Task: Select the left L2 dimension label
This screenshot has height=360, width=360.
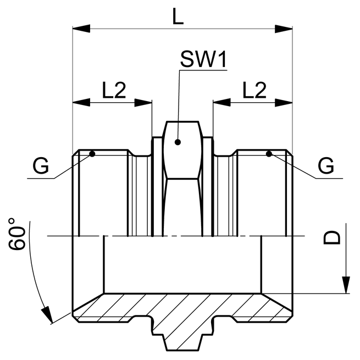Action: [114, 90]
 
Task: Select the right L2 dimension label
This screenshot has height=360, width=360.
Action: [253, 90]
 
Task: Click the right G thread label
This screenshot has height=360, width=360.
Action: [326, 165]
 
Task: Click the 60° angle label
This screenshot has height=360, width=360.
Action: [18, 235]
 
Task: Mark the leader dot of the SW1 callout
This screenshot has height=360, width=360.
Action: [178, 142]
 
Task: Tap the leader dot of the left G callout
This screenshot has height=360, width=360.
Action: [92, 153]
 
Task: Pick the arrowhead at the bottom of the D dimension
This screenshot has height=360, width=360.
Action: [346, 286]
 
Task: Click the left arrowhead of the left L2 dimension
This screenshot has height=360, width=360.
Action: [80, 102]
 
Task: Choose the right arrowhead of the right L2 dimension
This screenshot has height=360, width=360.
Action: [284, 102]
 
